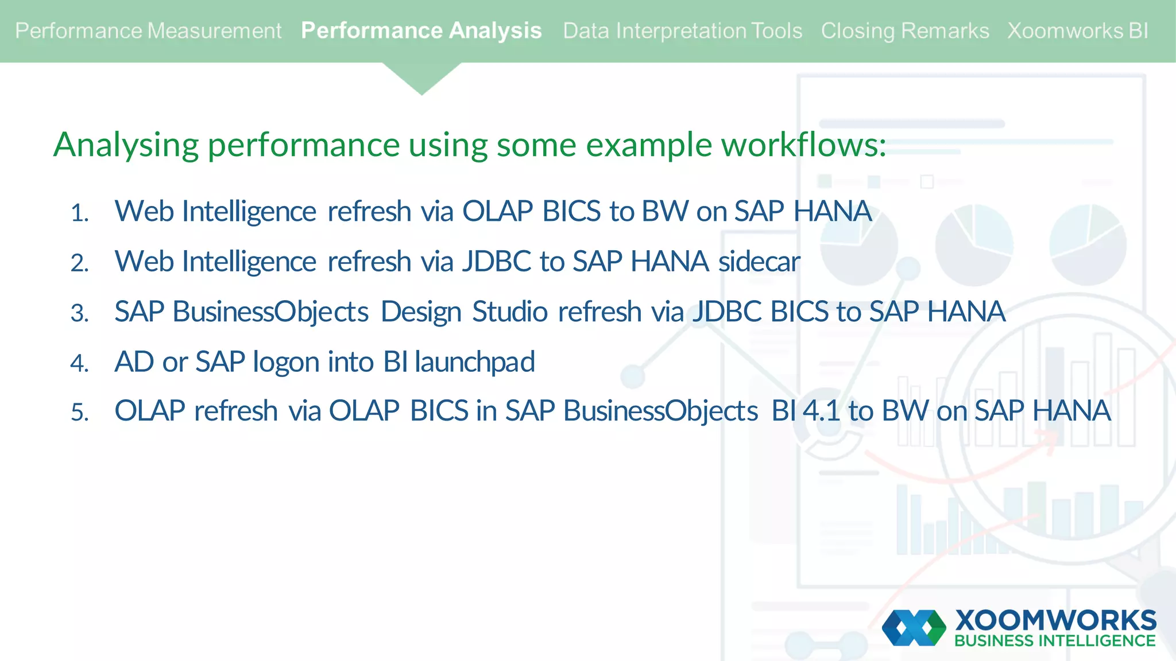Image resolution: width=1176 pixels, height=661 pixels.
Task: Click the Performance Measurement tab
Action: (x=148, y=31)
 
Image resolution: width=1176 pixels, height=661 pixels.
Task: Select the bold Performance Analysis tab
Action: (x=421, y=31)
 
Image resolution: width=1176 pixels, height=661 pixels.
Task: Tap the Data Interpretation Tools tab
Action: (x=682, y=31)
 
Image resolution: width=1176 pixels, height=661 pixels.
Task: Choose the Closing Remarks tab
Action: (x=904, y=31)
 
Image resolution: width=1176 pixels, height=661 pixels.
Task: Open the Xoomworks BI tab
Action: (x=1078, y=31)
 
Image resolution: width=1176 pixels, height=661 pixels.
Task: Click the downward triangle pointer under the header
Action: (x=421, y=78)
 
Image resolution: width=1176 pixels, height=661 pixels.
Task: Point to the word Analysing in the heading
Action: (x=126, y=145)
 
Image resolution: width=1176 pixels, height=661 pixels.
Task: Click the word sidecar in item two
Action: (x=759, y=262)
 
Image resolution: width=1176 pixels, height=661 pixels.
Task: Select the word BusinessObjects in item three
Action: (x=270, y=312)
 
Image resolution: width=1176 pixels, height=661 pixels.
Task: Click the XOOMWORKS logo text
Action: (x=1055, y=621)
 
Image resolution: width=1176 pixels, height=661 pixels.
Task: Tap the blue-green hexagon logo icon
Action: (x=914, y=628)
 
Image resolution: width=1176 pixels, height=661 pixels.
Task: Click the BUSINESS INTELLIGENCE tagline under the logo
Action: (x=1055, y=641)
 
